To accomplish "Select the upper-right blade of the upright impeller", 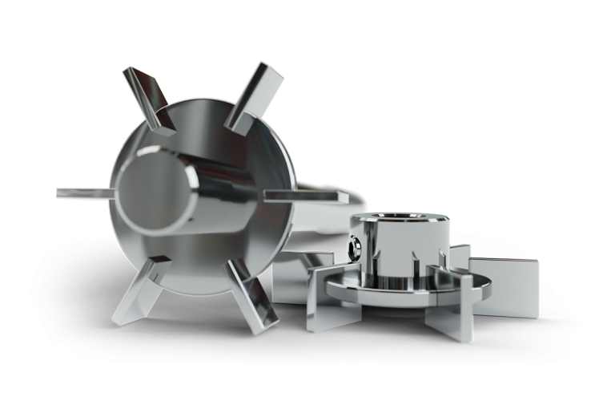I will coord(255,94).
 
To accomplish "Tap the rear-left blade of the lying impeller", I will coord(300,277).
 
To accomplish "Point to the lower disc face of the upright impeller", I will coord(200,265).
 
